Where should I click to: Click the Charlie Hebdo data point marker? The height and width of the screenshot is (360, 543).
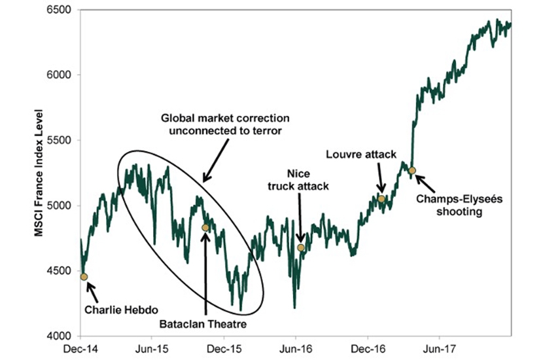tap(84, 277)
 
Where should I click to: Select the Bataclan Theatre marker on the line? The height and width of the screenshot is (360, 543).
tap(205, 228)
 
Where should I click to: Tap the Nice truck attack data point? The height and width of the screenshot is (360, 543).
tap(301, 248)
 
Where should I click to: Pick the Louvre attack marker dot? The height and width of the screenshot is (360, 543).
tap(381, 198)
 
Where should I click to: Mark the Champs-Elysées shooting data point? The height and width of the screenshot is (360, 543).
tap(412, 171)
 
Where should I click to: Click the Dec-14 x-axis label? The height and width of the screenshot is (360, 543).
tap(79, 348)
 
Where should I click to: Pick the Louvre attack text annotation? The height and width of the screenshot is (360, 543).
tap(361, 154)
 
